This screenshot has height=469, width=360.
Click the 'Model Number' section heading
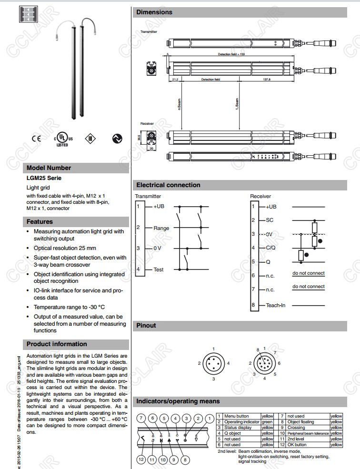point(49,168)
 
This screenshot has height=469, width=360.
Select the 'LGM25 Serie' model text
point(44,178)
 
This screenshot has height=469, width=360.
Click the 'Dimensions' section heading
point(154,12)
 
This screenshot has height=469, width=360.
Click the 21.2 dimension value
point(175,80)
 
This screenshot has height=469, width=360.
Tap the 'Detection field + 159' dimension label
point(231,55)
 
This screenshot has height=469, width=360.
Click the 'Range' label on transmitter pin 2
point(161,228)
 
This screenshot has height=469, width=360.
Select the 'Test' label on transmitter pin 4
point(158,269)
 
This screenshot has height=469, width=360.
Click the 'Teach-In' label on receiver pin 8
point(275,305)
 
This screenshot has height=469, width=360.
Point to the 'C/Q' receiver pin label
point(270,248)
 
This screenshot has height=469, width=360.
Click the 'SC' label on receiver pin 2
point(270,220)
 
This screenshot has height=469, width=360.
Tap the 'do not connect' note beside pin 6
point(308,273)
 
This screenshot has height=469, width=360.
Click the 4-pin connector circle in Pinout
point(214,363)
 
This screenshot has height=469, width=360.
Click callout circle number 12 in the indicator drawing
point(141,459)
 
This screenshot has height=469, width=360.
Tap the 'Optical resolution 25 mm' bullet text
point(65,248)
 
